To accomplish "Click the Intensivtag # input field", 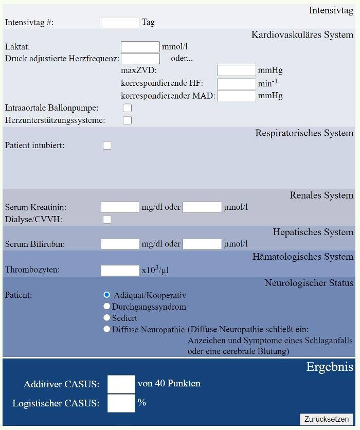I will coord(120,22).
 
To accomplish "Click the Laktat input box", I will coord(140,47).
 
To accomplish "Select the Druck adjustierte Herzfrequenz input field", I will coord(140,58).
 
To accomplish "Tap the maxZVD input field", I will coord(236,70).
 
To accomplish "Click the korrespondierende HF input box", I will coord(236,83).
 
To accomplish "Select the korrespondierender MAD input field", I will coord(236,96).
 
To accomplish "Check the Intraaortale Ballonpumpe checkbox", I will coord(128,108).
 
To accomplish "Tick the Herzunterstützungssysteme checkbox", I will coord(128,120).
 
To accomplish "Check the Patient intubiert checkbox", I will coord(107,146).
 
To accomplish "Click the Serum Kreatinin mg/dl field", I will coord(120,207).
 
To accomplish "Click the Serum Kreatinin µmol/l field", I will coord(202,207).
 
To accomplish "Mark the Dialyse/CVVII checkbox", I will coord(107,220).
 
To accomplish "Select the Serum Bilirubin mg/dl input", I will coord(120,244).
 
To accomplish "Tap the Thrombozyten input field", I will coord(120,270).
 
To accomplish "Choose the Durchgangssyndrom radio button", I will coord(107,307).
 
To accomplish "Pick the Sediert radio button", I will coord(107,318).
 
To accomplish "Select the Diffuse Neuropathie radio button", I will coord(107,329).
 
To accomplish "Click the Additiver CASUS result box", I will coord(121,384).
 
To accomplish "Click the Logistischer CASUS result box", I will coord(121,403).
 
